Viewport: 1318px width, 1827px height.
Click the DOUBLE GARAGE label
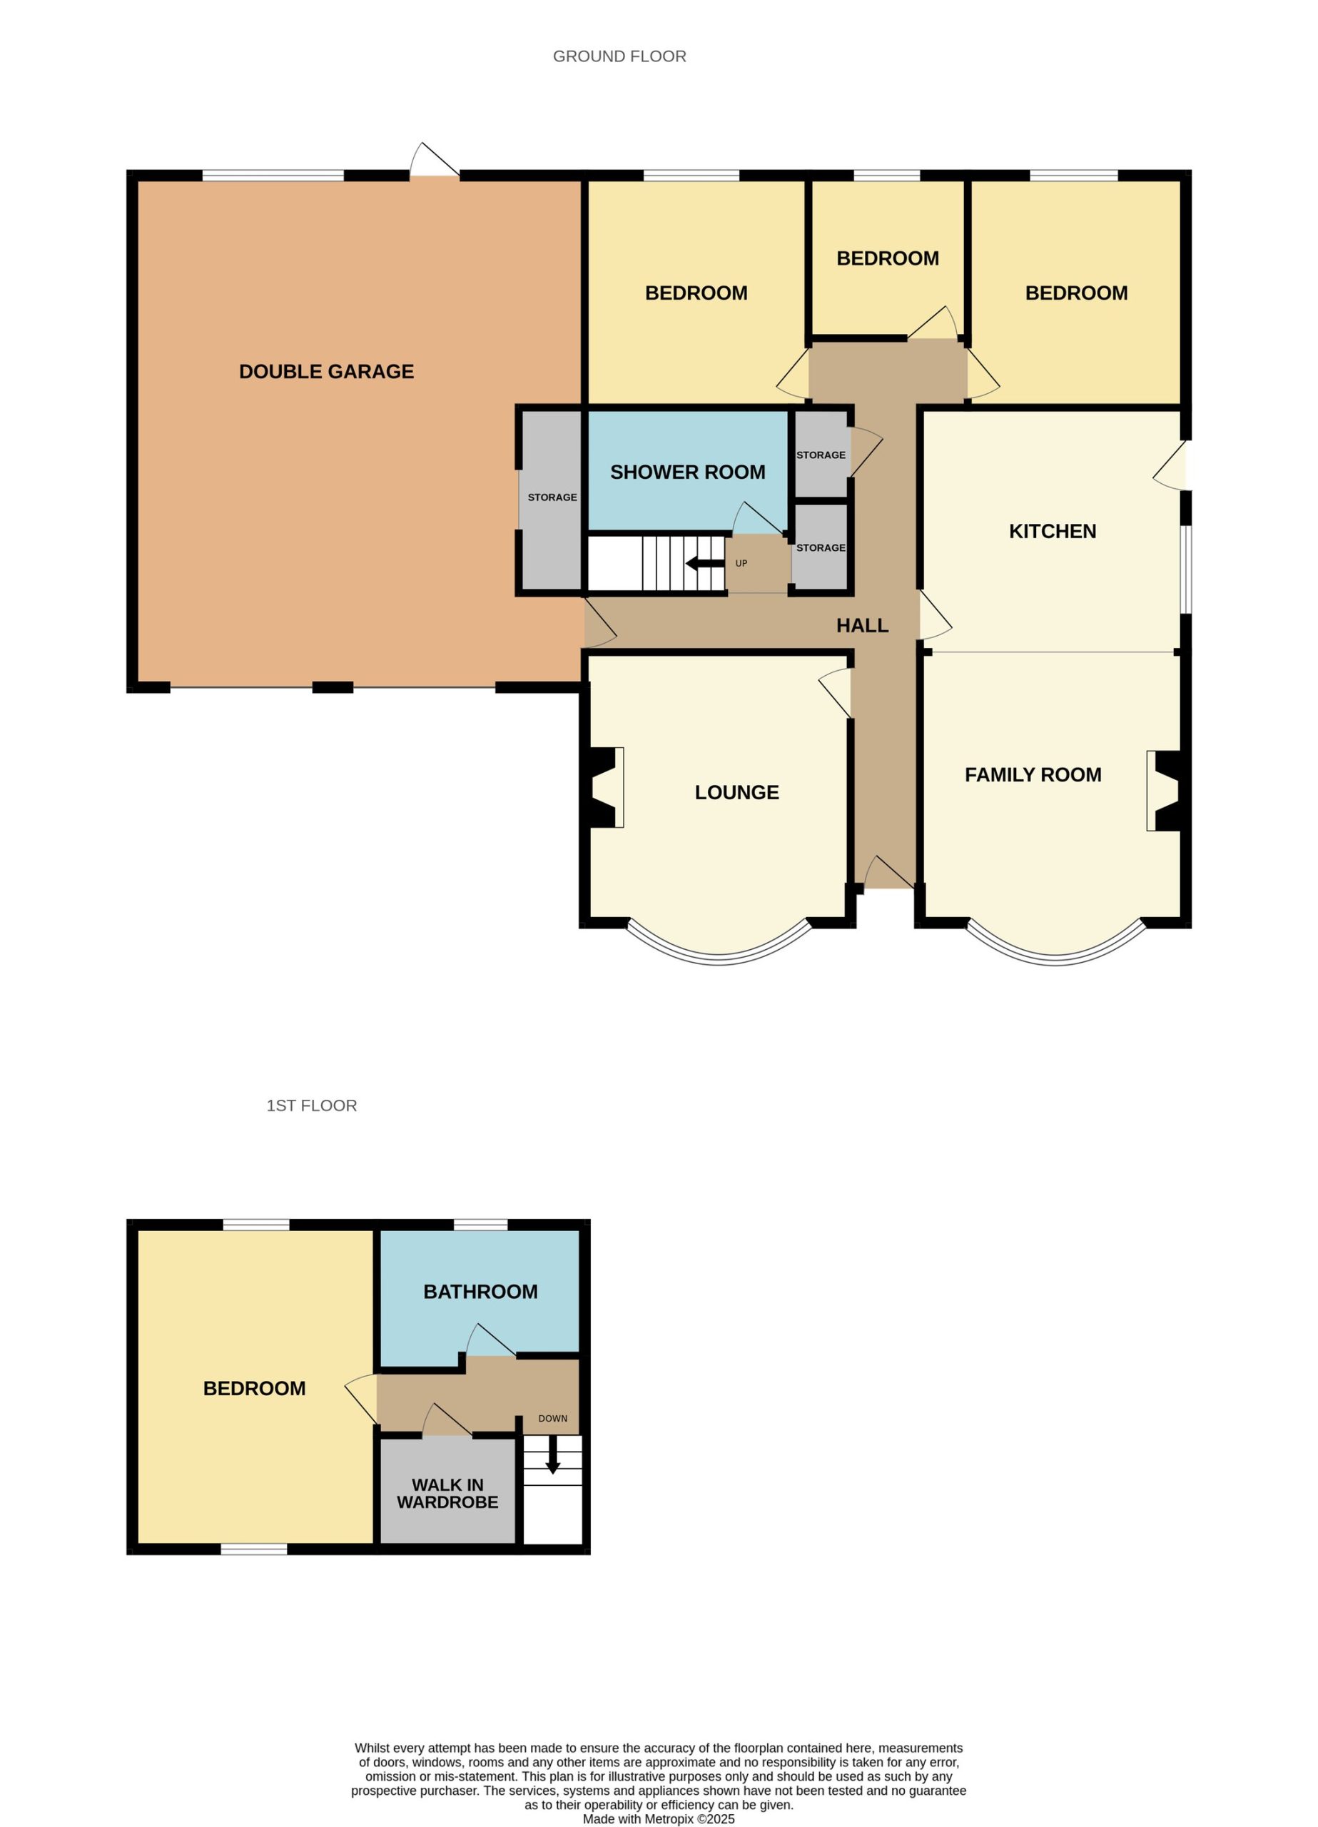click(x=326, y=371)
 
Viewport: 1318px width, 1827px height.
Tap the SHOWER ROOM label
click(x=687, y=472)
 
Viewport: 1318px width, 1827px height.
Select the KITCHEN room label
click(x=1052, y=531)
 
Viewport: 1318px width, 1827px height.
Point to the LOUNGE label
click(x=736, y=792)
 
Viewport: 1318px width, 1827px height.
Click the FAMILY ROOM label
click(x=1033, y=774)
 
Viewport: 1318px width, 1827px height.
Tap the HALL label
click(x=862, y=625)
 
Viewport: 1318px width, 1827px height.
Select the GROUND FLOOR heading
click(x=619, y=56)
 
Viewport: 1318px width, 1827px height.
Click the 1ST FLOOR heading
click(x=312, y=1105)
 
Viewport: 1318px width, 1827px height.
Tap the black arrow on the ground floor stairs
click(x=704, y=564)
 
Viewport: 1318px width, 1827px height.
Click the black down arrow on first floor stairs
click(x=552, y=1456)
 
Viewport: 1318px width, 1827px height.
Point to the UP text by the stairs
click(x=741, y=563)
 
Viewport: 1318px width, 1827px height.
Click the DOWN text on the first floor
click(x=552, y=1419)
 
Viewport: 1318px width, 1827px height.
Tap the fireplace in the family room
click(x=1163, y=790)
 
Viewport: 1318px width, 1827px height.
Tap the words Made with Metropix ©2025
click(x=659, y=1819)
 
